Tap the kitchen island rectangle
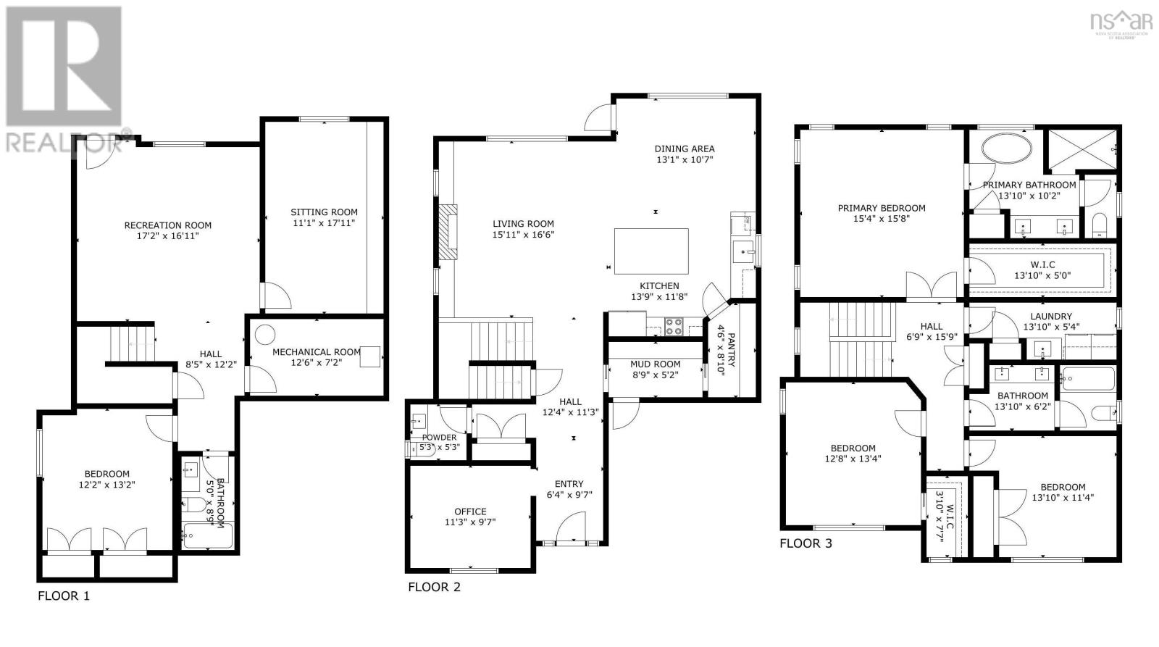pos(651,251)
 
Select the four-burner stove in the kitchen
pos(674,327)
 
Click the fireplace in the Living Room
pos(448,232)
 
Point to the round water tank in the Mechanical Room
pos(265,335)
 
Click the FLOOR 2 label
pos(434,587)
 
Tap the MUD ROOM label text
pos(655,364)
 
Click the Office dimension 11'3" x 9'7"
pos(470,522)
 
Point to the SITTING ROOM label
pos(324,212)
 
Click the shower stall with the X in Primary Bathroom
pos(1082,149)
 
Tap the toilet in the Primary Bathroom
pos(1099,225)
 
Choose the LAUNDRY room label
pos(1051,316)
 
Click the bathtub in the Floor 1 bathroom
pos(207,535)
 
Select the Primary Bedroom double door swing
pos(932,285)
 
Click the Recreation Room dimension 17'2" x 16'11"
pos(167,236)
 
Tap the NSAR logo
pos(1121,25)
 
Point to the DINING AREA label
pos(685,149)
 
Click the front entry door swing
pos(571,527)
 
